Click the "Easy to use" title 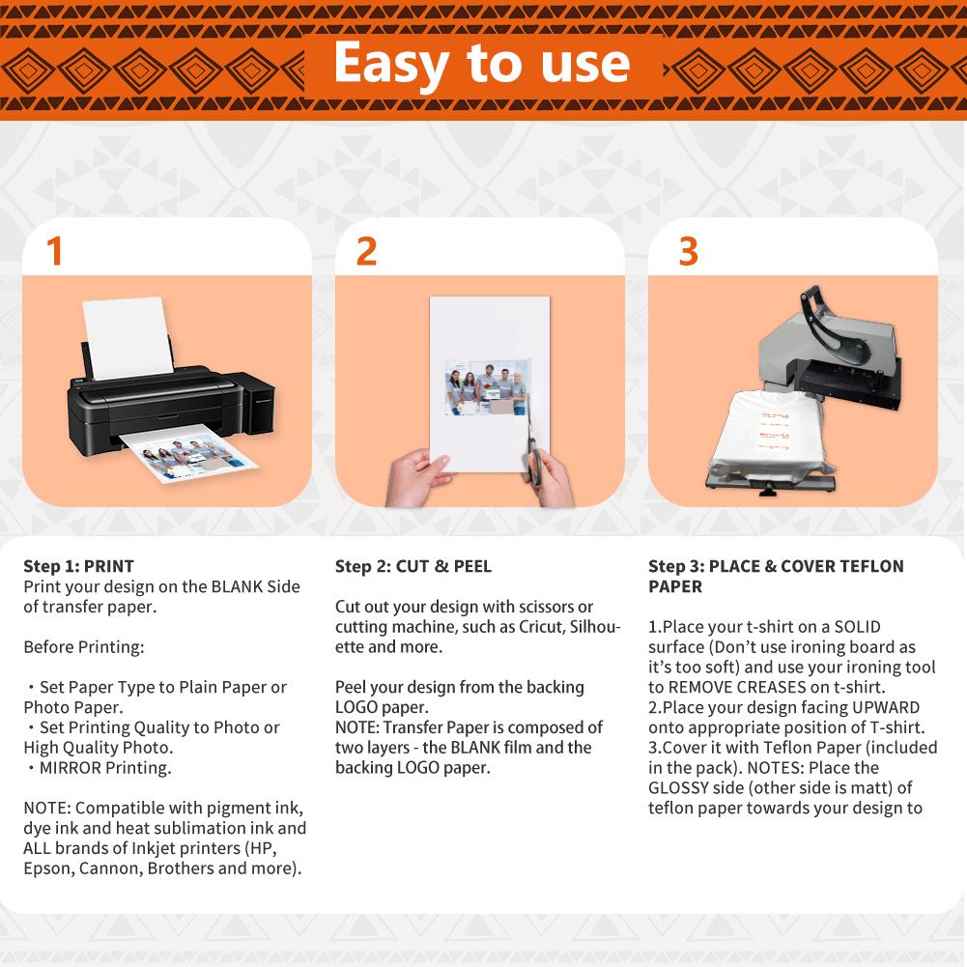tap(482, 64)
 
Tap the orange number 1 tap(54, 251)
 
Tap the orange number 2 tap(366, 251)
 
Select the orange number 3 tap(688, 251)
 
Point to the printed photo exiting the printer tap(190, 457)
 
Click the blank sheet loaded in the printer tap(128, 337)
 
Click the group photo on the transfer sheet tap(485, 388)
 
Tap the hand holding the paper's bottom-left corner tap(417, 478)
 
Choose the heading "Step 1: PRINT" tap(78, 566)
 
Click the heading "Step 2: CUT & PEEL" tap(413, 566)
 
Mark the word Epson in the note tap(48, 868)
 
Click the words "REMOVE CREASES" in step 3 tap(738, 687)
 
